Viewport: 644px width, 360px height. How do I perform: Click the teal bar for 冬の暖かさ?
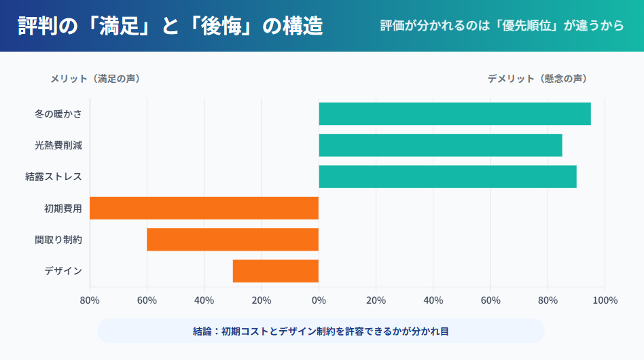click(x=454, y=114)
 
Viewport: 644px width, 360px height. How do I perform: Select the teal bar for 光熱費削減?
click(x=440, y=145)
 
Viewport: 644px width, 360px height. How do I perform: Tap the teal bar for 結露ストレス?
click(x=448, y=177)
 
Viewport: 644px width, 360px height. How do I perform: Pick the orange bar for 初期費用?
click(x=204, y=208)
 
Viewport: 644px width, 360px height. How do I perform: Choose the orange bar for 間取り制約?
click(x=232, y=240)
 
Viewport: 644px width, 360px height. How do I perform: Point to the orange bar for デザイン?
click(x=275, y=271)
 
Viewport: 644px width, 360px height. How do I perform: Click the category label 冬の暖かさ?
click(x=58, y=114)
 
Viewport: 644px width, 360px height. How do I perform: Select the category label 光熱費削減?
click(x=58, y=145)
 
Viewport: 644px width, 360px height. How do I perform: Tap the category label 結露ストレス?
click(x=54, y=177)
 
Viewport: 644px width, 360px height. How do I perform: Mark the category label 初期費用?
click(x=63, y=208)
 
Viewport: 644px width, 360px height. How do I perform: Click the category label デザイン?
click(x=63, y=271)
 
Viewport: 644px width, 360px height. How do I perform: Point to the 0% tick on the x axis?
click(x=319, y=300)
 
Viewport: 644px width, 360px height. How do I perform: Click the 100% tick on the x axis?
click(x=605, y=300)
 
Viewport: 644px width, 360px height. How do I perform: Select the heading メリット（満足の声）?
click(x=95, y=79)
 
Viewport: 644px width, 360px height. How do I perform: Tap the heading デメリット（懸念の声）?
click(x=537, y=79)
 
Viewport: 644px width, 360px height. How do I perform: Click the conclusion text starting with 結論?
click(x=321, y=331)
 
